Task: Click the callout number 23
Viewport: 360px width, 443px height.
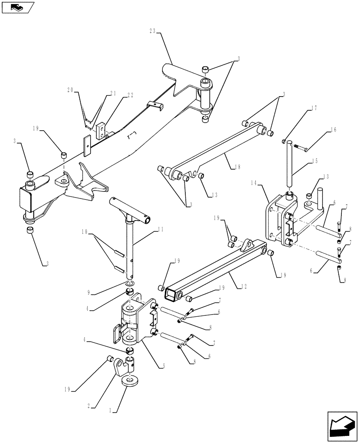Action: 153,31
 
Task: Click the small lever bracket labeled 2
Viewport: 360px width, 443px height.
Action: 120,367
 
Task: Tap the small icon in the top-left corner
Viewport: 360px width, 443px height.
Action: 17,7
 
